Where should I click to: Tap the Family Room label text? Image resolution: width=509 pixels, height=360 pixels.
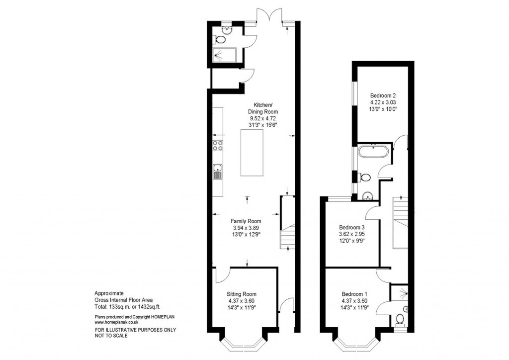[246, 221]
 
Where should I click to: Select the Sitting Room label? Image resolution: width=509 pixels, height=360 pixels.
[242, 294]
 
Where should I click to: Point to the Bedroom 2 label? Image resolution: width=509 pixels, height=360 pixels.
[383, 96]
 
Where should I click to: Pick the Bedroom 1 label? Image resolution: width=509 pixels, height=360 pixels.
[354, 294]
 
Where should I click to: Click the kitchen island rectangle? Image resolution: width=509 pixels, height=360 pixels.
[252, 153]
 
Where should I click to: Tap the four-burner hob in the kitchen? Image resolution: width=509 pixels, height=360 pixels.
[218, 145]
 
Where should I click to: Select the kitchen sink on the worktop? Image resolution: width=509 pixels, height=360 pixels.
[218, 172]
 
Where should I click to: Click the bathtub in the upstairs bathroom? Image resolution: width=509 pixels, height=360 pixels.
[373, 152]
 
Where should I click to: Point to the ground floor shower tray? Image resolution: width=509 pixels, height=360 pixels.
[225, 55]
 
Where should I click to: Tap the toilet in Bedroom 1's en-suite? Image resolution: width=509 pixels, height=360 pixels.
[400, 319]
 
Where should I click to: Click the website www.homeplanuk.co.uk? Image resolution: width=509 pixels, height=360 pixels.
[116, 322]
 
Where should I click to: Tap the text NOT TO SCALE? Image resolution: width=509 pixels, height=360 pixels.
[111, 336]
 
